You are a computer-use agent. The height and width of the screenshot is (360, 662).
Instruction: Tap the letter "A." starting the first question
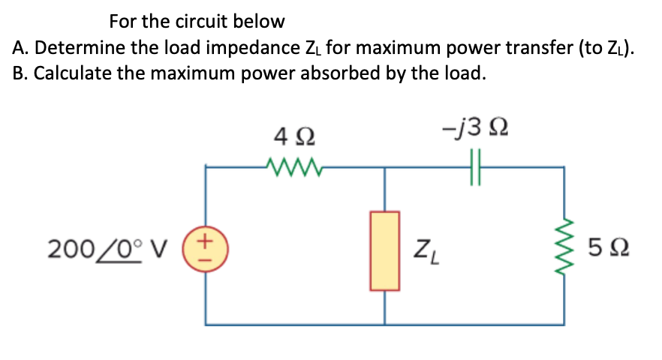click(x=22, y=49)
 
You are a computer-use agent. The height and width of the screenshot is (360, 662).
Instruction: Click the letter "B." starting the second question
click(x=22, y=74)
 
